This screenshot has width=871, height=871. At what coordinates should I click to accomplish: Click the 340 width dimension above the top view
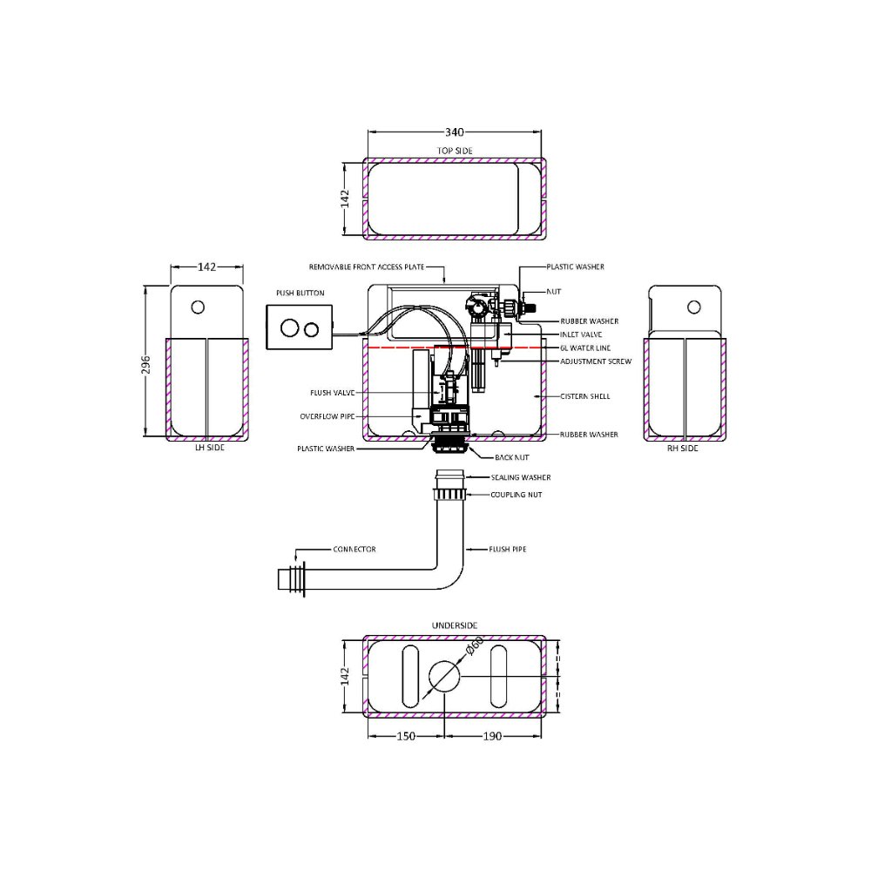(455, 132)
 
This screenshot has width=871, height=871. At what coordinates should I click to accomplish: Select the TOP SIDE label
(455, 151)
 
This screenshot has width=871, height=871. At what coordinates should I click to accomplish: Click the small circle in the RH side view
(693, 307)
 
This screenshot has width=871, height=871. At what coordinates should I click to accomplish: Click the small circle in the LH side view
(198, 307)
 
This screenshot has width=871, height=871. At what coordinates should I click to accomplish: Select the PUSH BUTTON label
(300, 294)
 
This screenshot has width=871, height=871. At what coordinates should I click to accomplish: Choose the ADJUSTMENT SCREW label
(596, 361)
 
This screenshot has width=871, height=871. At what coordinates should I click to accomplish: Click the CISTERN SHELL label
(585, 396)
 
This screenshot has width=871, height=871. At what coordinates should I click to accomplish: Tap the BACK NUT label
(512, 456)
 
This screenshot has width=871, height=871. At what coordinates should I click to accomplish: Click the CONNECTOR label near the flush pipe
(354, 550)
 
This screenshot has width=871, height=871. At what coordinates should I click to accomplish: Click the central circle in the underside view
(444, 677)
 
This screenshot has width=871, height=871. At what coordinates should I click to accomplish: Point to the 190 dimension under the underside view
(492, 736)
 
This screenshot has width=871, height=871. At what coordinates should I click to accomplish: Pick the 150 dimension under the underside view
(406, 736)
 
